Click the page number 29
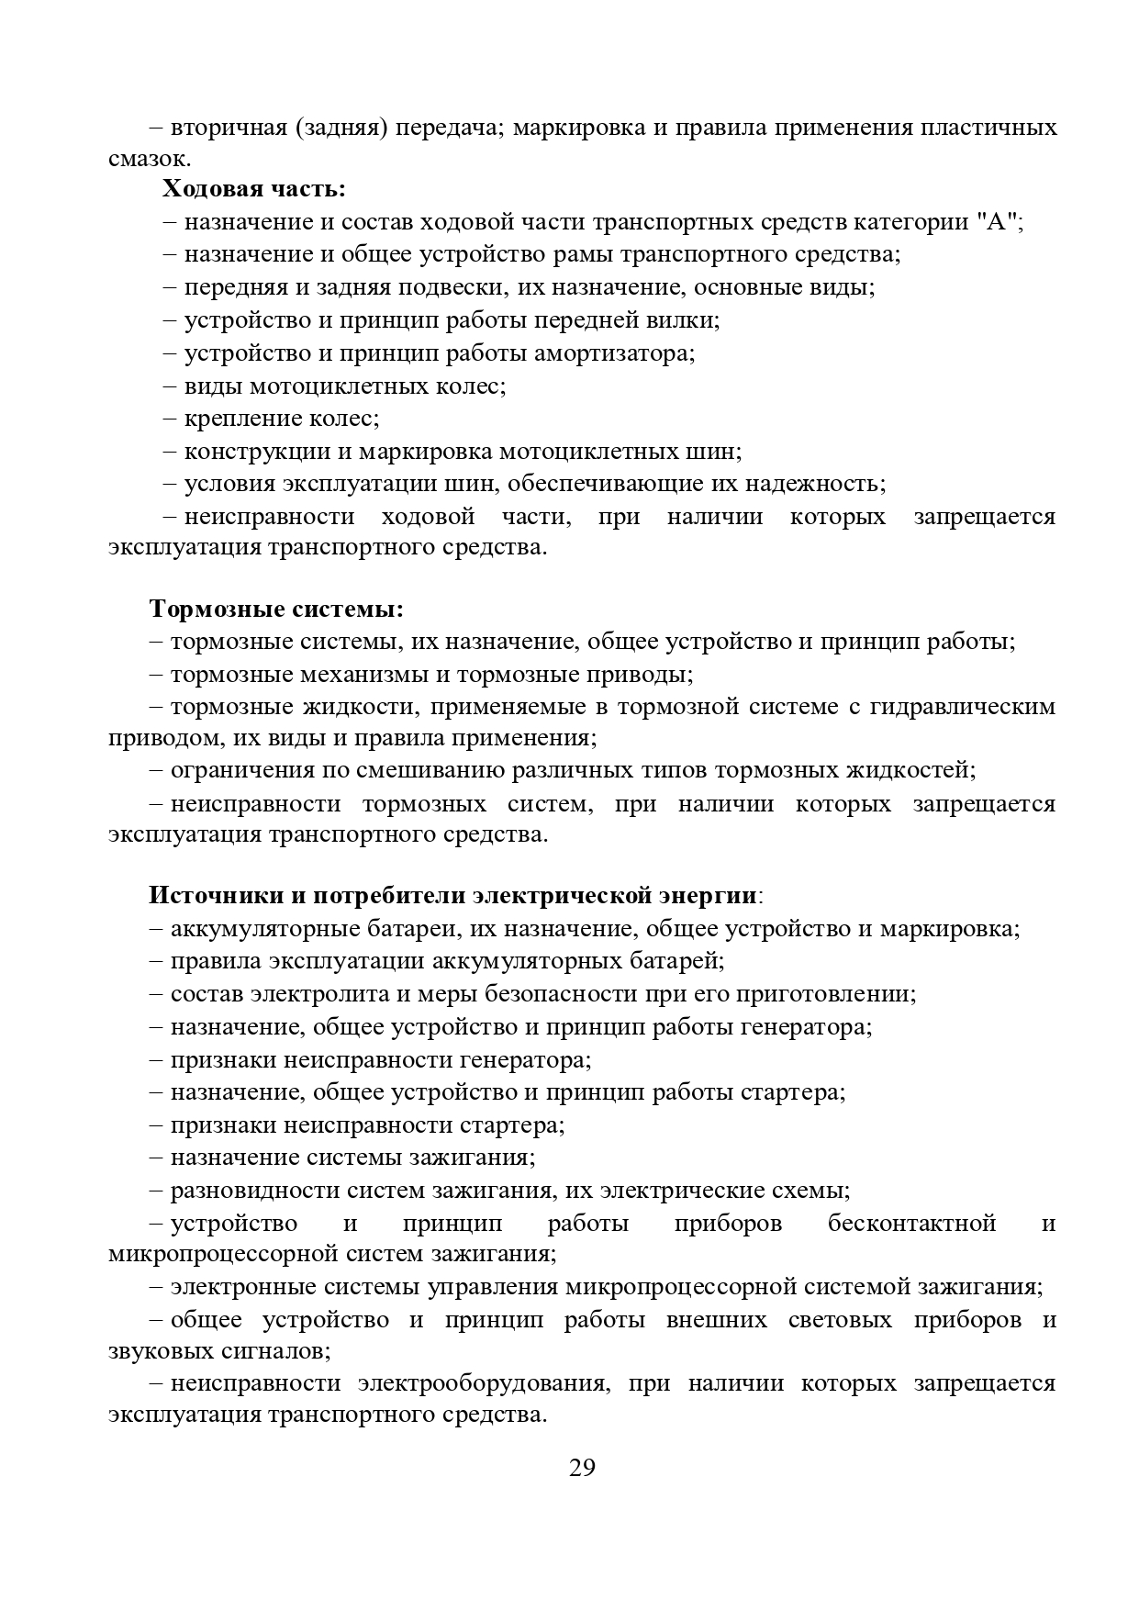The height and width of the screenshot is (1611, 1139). [x=582, y=1467]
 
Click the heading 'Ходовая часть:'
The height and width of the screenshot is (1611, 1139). [x=254, y=189]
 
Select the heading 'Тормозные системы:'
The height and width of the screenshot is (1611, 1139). [x=276, y=610]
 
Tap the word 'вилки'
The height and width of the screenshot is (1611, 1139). [x=687, y=320]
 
